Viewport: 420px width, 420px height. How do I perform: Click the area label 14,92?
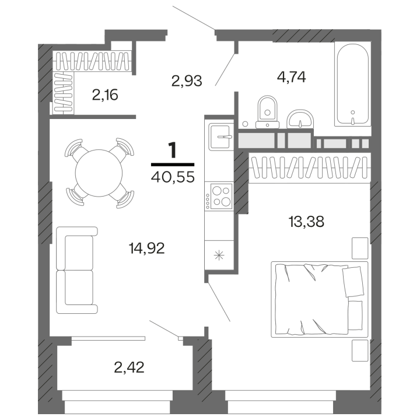[x=146, y=249]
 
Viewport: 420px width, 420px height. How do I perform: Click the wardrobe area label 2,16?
[x=105, y=94]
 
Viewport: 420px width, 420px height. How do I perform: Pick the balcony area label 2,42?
[x=129, y=367]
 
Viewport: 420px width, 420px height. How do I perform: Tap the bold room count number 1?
[x=172, y=151]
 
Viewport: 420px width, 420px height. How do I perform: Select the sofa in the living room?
[x=76, y=271]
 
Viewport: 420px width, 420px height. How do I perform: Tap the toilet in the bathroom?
[x=267, y=111]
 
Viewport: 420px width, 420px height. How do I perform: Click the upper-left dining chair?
[x=76, y=149]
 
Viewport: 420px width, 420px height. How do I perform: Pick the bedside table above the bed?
[x=360, y=247]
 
